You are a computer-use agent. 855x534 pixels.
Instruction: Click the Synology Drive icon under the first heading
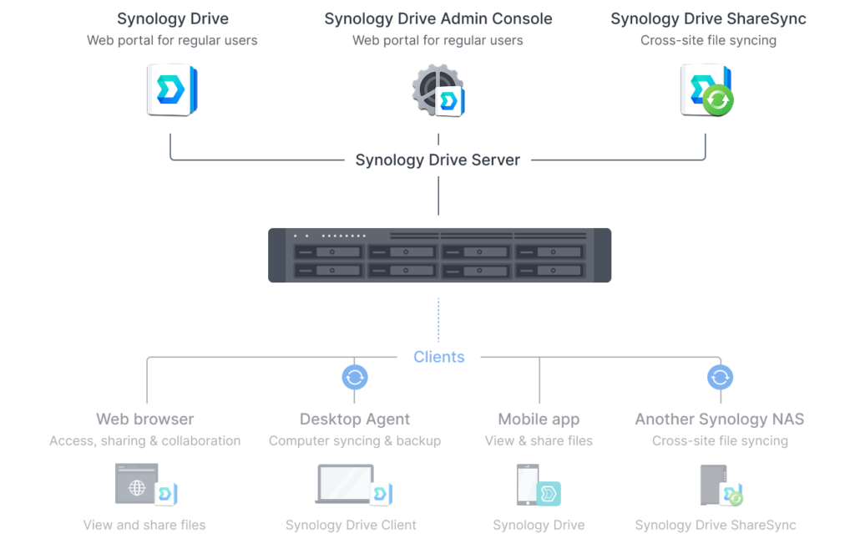[172, 90]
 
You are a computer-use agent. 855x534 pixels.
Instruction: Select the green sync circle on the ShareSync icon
[717, 100]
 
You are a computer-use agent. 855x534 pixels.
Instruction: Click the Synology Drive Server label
[438, 160]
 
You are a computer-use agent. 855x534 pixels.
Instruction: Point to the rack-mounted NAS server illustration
[439, 255]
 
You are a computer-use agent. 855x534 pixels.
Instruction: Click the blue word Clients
[439, 357]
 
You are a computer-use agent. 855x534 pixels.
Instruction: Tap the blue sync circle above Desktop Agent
[354, 377]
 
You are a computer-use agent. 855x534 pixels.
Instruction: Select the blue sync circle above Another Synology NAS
[720, 377]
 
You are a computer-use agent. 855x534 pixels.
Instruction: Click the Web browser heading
[145, 419]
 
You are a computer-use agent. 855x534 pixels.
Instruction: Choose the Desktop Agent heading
[354, 419]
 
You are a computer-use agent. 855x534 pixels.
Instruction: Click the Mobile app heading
[539, 419]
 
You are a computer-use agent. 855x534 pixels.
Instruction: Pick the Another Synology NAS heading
[719, 419]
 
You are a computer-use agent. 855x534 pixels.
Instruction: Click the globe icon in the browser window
[137, 487]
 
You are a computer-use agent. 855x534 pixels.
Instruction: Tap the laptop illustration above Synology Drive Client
[345, 484]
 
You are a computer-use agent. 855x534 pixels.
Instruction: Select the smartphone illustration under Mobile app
[528, 485]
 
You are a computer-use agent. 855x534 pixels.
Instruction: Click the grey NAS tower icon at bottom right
[713, 485]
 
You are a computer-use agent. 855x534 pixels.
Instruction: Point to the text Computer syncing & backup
[354, 440]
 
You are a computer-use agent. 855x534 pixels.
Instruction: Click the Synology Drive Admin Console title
[438, 18]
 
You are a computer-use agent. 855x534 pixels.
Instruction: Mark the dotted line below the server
[438, 320]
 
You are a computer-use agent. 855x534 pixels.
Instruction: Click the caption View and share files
[144, 525]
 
